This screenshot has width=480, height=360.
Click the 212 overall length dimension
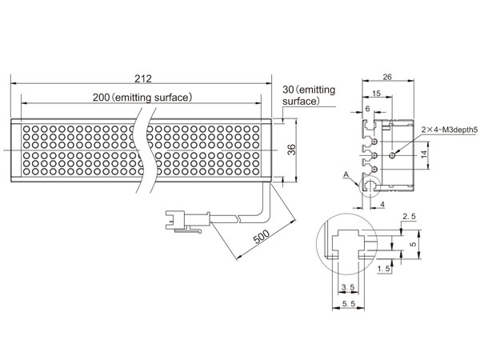coord(143,78)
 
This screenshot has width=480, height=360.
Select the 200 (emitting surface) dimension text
coord(142,98)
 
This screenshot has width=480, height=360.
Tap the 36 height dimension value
coord(292,150)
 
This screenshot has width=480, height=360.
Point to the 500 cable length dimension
coord(262,236)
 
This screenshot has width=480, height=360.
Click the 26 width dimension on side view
coord(387,77)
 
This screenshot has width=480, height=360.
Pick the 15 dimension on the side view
coord(376,93)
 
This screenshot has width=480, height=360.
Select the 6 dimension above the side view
coord(367,108)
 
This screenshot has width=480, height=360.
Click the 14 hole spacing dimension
coord(424,154)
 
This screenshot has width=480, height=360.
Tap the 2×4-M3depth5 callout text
coord(450,130)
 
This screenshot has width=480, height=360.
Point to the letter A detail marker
coord(346,174)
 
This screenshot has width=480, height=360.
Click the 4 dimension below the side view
coord(382,204)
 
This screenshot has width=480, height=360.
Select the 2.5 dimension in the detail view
coord(409,217)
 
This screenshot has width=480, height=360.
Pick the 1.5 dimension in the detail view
coord(384,269)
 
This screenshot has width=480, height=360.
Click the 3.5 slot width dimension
coord(348,287)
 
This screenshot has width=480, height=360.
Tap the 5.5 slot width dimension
coord(349,303)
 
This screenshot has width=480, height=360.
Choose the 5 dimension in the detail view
coord(413,244)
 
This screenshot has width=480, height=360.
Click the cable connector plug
coord(187,221)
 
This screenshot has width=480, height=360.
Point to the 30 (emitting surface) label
coord(309,95)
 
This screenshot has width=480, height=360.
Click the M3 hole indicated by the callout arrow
coord(392,155)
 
